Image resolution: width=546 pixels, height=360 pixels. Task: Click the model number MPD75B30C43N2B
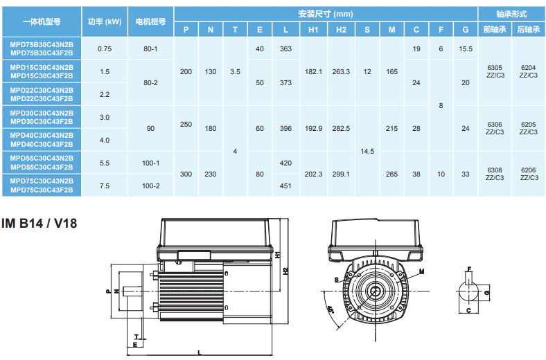pos(42,43)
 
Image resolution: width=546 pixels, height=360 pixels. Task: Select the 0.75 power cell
pos(105,48)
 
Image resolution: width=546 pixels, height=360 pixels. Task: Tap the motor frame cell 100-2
pos(150,186)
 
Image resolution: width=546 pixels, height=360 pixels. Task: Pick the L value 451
pos(285,186)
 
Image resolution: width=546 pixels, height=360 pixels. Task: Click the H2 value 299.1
pos(342,174)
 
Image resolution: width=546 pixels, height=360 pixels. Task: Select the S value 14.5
pos(367,151)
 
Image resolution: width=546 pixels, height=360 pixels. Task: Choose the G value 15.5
pos(466,48)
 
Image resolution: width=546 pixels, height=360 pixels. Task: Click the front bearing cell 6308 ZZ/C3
pos(495,174)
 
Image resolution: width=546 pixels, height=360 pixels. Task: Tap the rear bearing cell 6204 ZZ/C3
pos(528,71)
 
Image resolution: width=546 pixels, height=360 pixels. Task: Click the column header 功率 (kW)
pos(105,21)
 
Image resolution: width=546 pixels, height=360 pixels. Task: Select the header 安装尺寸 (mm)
pos(326,14)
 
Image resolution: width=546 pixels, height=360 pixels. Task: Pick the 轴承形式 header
pos(511,14)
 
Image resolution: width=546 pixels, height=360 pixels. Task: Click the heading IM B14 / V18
pos(40,224)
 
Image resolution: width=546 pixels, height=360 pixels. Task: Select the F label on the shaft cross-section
pos(469,269)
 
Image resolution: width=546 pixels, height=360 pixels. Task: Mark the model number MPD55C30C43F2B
pos(42,167)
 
